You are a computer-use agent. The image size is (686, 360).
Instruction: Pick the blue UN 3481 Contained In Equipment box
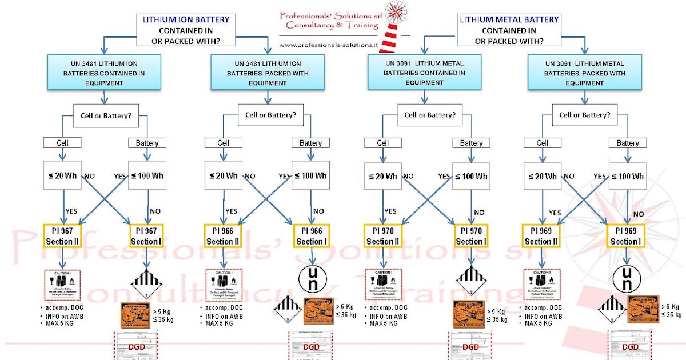(x=102, y=73)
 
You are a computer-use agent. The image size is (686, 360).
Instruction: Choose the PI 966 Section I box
(x=310, y=235)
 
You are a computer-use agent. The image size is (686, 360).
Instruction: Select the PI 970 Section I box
(x=471, y=235)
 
